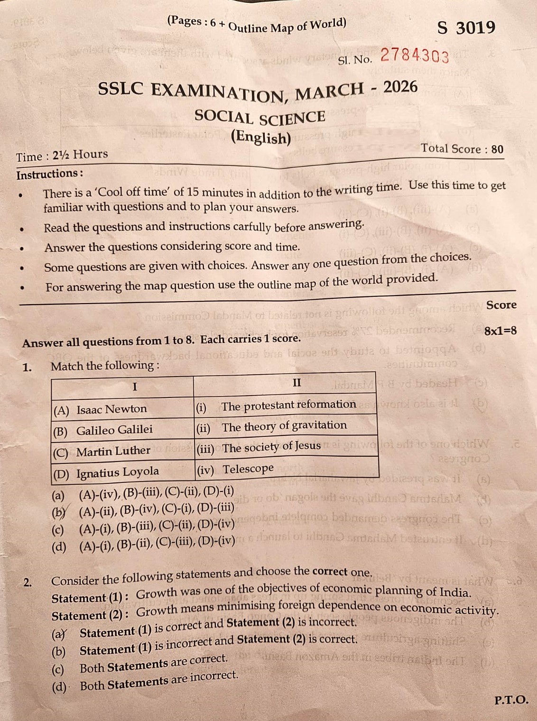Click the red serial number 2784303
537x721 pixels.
click(414, 56)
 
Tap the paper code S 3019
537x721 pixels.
click(466, 28)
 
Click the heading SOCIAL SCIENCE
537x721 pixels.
click(259, 117)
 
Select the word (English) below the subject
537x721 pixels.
click(260, 138)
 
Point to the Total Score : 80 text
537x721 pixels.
click(462, 149)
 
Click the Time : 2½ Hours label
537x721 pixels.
click(62, 155)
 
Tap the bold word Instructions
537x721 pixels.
click(49, 174)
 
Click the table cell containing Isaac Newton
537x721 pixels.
click(122, 409)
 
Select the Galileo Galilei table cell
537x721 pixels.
click(122, 430)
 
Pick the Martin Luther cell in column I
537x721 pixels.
click(122, 451)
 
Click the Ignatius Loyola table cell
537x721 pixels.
click(122, 472)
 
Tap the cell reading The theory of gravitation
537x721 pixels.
click(286, 426)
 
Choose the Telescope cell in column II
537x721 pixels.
click(286, 469)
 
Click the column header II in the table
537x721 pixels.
click(296, 383)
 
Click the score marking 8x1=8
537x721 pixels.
click(500, 331)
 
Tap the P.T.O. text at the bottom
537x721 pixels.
click(510, 700)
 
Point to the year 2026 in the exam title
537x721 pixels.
click(400, 87)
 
